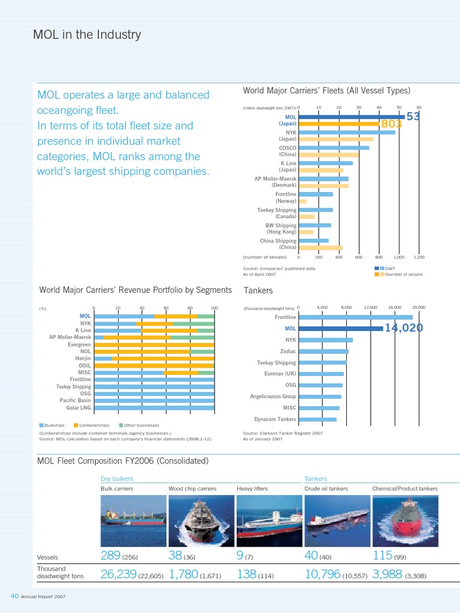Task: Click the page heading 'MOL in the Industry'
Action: pyautogui.click(x=87, y=35)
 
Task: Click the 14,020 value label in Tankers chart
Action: pyautogui.click(x=404, y=327)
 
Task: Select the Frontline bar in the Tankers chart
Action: pyautogui.click(x=355, y=317)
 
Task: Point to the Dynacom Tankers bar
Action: pyautogui.click(x=317, y=419)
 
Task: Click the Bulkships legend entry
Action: pyautogui.click(x=53, y=425)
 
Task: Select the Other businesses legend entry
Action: pyautogui.click(x=139, y=425)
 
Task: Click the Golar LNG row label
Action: pyautogui.click(x=79, y=408)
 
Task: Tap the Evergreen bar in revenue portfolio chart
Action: pyautogui.click(x=154, y=345)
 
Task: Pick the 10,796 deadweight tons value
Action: pyautogui.click(x=322, y=574)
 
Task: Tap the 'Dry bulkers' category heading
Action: pyautogui.click(x=117, y=478)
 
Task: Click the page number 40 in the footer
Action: pyautogui.click(x=15, y=596)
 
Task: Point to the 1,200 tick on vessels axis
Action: pyautogui.click(x=419, y=256)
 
